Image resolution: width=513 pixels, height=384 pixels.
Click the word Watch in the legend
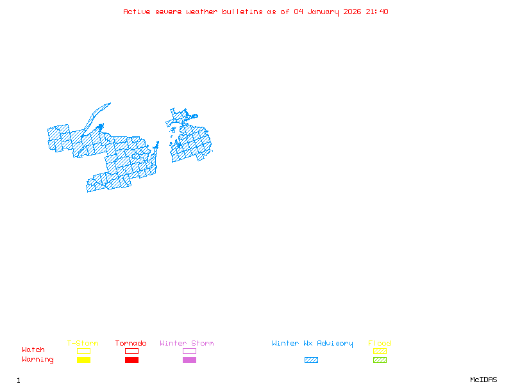(x=33, y=350)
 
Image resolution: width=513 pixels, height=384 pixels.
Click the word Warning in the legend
(x=38, y=360)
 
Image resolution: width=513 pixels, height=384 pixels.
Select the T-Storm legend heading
(x=83, y=344)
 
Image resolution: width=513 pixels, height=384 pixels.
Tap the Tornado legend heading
(x=131, y=344)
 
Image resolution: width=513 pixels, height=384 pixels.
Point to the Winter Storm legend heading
(x=187, y=344)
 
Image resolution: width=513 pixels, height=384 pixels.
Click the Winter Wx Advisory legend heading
(x=312, y=344)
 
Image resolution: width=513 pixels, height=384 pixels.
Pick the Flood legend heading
(x=380, y=344)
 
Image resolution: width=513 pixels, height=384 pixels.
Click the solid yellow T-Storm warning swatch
(x=83, y=360)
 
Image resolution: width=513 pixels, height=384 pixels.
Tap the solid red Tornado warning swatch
(x=131, y=360)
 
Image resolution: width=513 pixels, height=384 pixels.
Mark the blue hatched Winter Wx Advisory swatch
(x=311, y=360)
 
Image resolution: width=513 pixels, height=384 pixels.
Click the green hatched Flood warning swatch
(x=380, y=360)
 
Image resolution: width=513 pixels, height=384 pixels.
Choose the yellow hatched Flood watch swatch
(x=380, y=351)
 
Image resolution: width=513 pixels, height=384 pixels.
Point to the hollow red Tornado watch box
(x=131, y=351)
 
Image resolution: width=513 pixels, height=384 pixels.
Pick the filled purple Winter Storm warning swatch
(x=189, y=360)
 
